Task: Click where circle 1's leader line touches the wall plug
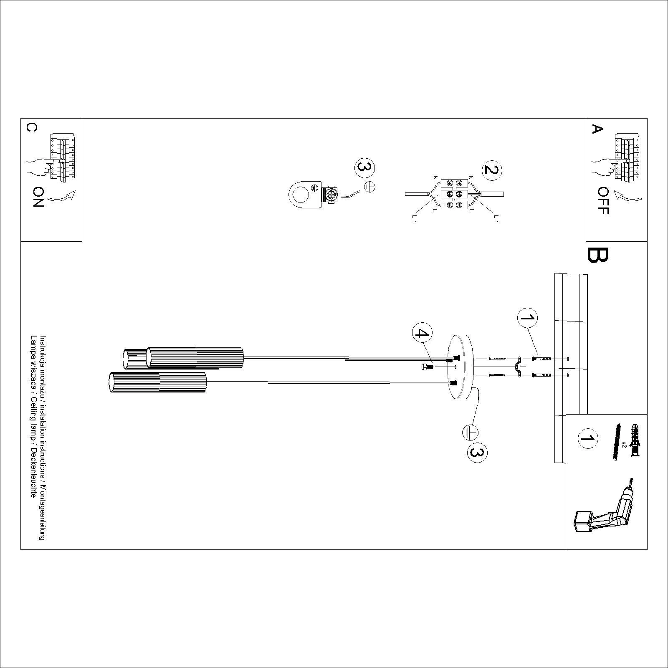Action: click(x=539, y=356)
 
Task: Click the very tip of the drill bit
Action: click(x=632, y=478)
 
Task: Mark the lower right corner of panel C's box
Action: click(x=82, y=241)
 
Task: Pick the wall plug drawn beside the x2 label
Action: click(x=635, y=441)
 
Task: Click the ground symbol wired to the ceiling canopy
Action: click(x=470, y=432)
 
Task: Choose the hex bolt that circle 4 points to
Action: click(x=426, y=367)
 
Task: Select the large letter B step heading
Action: click(x=597, y=255)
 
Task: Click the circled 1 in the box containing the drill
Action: click(x=587, y=438)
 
